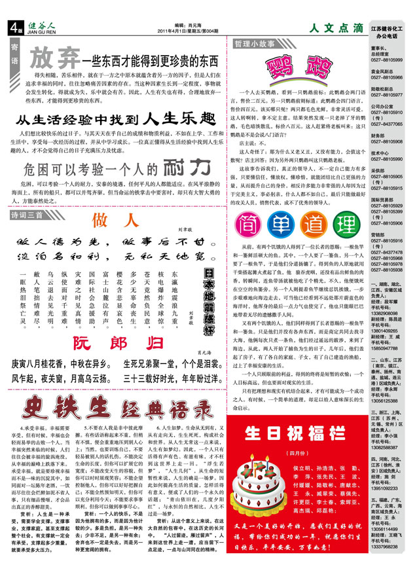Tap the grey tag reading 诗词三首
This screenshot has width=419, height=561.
[27, 215]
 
